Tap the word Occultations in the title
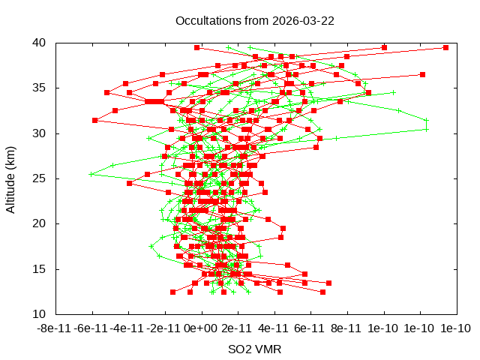click(x=205, y=20)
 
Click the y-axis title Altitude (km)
click(x=11, y=178)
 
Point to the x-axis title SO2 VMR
click(x=255, y=349)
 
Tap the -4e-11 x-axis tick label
click(x=128, y=328)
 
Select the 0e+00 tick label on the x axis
click(x=201, y=328)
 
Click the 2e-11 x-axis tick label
click(x=238, y=328)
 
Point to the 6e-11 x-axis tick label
click(x=310, y=328)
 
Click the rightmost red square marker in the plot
click(x=445, y=47)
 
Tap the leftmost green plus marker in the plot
click(x=91, y=174)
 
